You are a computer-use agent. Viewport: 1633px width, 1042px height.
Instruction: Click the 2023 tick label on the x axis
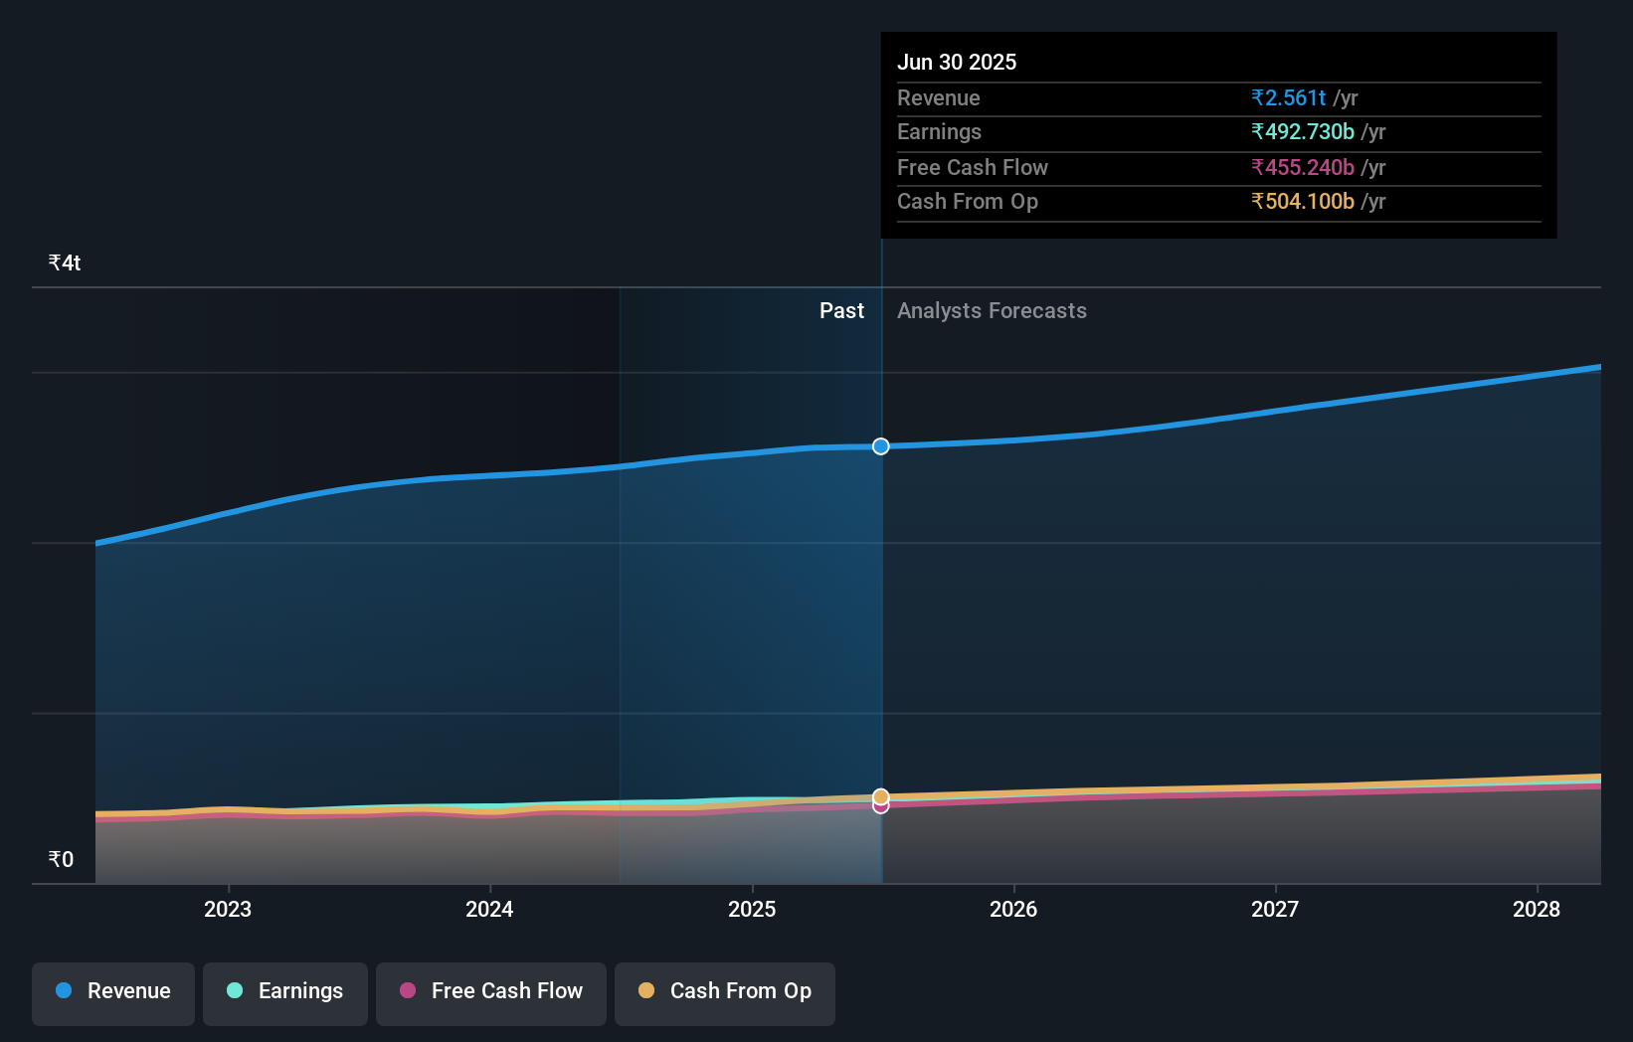pos(228,909)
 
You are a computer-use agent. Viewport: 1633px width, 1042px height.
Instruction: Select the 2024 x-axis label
pos(489,909)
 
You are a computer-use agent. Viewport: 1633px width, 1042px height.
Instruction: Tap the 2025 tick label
pos(752,909)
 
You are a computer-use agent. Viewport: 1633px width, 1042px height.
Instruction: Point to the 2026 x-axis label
pos(1013,909)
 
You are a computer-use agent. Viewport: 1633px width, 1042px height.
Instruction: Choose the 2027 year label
pos(1275,909)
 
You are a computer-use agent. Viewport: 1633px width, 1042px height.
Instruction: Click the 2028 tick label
pos(1537,909)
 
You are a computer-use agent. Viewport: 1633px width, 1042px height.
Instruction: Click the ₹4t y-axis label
pos(65,262)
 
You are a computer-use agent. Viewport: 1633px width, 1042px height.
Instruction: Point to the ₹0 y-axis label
pos(62,859)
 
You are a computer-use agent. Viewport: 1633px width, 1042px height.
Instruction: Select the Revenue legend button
pos(113,991)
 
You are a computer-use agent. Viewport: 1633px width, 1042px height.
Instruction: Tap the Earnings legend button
pos(285,991)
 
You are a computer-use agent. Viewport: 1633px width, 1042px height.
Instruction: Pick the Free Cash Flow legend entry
pos(491,991)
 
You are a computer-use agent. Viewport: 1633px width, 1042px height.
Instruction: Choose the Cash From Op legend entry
pos(725,991)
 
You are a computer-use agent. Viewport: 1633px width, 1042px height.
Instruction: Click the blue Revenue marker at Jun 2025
pos(881,446)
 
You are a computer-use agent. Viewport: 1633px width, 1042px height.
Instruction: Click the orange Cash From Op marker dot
pos(881,796)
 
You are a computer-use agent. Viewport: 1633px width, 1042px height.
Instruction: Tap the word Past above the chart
pos(841,310)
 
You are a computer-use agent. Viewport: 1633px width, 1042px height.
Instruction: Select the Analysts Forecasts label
pos(992,310)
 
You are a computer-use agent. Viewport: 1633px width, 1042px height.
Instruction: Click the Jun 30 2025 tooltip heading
pos(957,62)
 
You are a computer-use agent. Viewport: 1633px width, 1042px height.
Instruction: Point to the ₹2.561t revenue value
pos(1289,97)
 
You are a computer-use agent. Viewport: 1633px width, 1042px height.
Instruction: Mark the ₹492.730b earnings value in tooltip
pos(1303,131)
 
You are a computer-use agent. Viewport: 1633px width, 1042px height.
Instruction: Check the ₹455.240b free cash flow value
pos(1303,167)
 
